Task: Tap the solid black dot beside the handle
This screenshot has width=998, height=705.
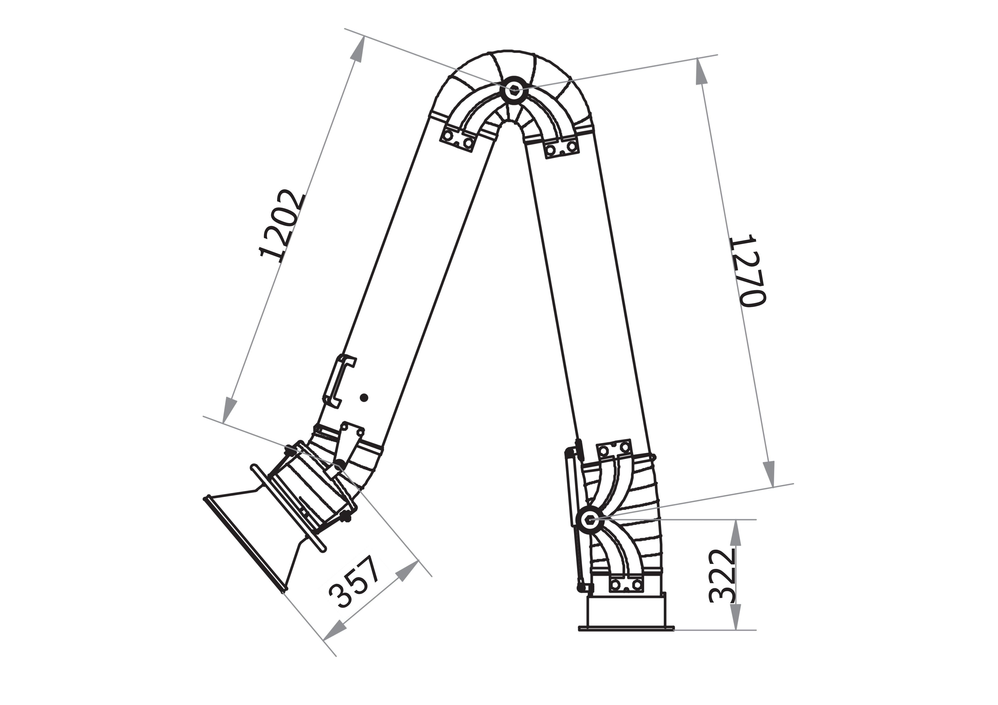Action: click(364, 397)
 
